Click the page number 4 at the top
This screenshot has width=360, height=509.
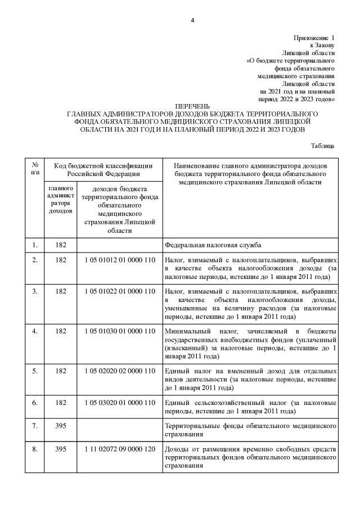(x=192, y=21)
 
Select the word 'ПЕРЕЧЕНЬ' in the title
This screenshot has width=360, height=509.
(x=192, y=106)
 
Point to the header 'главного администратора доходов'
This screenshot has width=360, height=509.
(x=60, y=199)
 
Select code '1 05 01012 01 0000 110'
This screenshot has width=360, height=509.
(x=119, y=261)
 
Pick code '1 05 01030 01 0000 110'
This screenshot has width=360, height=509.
(x=119, y=330)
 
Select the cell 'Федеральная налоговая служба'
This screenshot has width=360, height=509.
(x=213, y=245)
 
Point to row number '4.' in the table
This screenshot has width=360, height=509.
(x=35, y=330)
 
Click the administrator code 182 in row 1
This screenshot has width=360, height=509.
(x=60, y=245)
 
